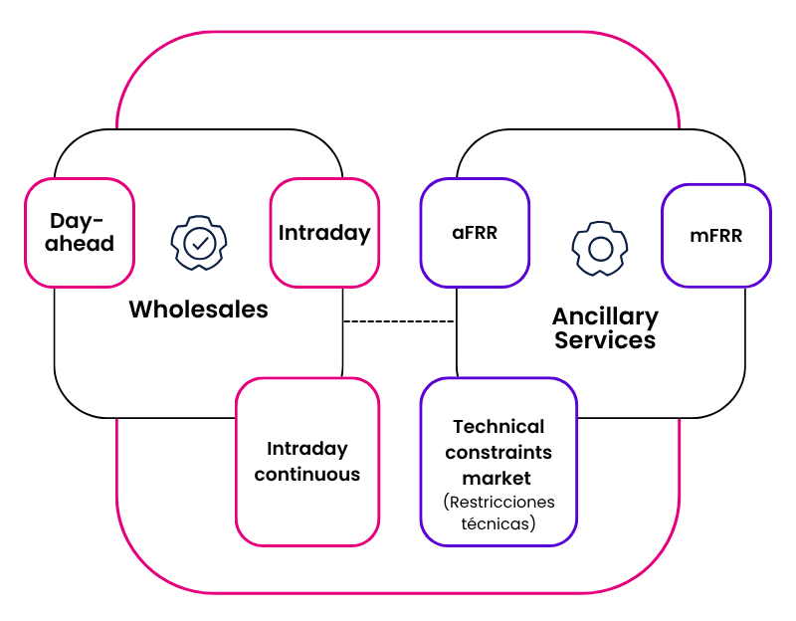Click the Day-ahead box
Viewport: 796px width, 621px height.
80,231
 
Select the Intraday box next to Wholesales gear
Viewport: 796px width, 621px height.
324,233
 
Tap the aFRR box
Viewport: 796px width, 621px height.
475,233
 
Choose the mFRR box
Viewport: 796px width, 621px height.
716,236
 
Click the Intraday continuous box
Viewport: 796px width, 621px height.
307,461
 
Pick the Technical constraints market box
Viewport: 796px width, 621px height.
498,461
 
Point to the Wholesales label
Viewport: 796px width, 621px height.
199,310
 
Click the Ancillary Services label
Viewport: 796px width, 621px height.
605,328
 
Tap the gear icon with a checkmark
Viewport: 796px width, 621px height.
199,242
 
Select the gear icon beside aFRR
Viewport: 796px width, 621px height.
600,248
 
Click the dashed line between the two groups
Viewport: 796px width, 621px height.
398,321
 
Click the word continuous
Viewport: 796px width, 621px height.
307,475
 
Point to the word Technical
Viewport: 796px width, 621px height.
498,427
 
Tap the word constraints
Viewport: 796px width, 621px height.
498,453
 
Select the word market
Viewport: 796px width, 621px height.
498,478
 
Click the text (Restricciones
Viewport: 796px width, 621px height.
498,502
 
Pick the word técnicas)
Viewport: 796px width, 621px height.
498,523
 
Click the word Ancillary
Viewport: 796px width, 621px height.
605,317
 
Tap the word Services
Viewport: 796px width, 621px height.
605,340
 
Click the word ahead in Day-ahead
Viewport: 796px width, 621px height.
80,244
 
